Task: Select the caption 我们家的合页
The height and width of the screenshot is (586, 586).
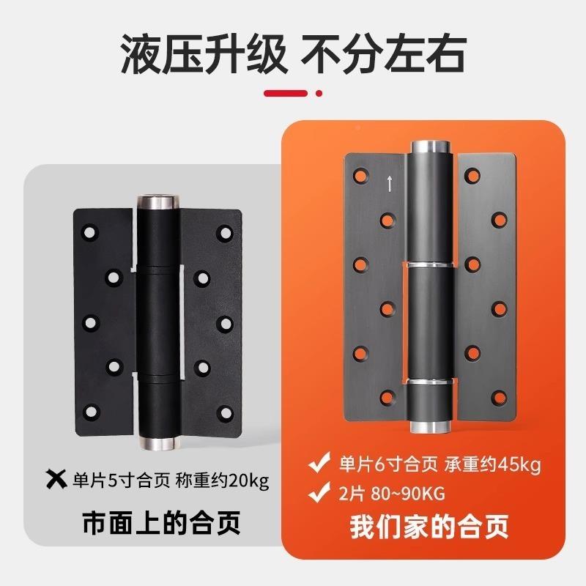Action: tap(429, 527)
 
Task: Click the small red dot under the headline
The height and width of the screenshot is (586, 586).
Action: tap(318, 93)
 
